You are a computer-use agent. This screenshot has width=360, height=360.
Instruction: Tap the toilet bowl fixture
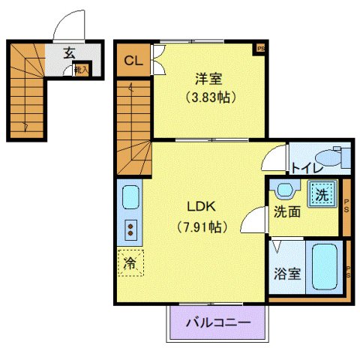pos(331,159)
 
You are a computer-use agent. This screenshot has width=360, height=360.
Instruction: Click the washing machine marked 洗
pos(321,194)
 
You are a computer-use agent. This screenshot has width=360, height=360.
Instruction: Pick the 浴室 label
pos(288,273)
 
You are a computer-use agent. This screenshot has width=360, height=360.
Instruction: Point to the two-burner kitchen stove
pos(130,229)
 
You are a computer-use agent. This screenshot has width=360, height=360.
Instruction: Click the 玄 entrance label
pos(69,53)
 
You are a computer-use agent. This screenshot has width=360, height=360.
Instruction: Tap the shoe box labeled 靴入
pos(81,70)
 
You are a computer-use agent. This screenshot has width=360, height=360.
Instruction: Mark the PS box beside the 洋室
pos(260,49)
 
